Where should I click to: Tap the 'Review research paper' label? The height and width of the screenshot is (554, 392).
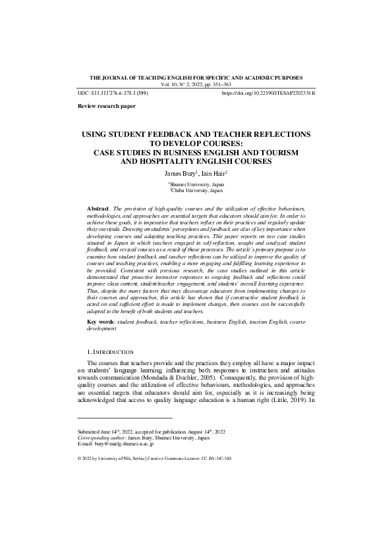[x=101, y=106]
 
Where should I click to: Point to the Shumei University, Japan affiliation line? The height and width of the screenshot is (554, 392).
[x=196, y=184]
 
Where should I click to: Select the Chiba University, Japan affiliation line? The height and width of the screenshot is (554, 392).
[x=196, y=190]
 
